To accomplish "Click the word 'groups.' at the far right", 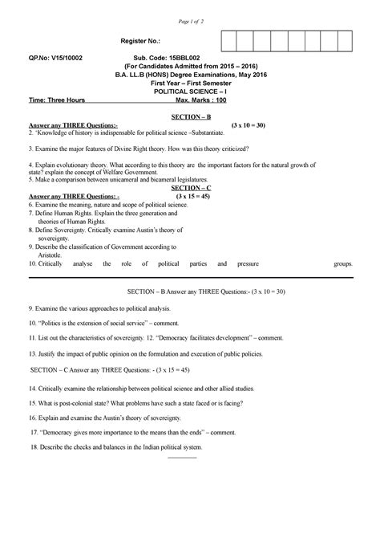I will pyautogui.click(x=343, y=263).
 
